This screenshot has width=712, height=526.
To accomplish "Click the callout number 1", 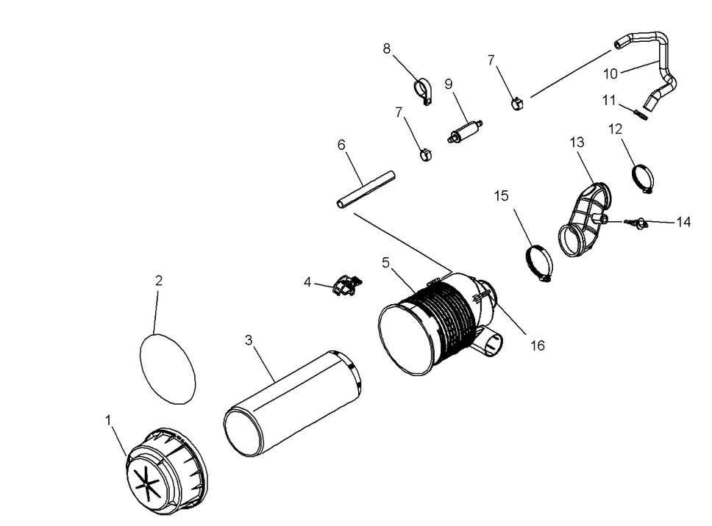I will (108, 420).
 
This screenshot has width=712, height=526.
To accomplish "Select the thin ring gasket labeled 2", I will (168, 367).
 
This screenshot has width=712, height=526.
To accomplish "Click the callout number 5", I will (385, 262).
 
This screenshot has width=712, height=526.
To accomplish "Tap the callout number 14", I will (683, 222).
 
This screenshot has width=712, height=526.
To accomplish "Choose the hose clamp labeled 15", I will (539, 262).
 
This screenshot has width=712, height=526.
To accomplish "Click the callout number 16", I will (538, 345).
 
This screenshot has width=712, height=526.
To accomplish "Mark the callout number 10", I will (610, 73).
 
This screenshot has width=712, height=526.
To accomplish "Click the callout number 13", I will (577, 141).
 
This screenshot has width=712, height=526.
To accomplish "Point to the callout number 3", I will (249, 339).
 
